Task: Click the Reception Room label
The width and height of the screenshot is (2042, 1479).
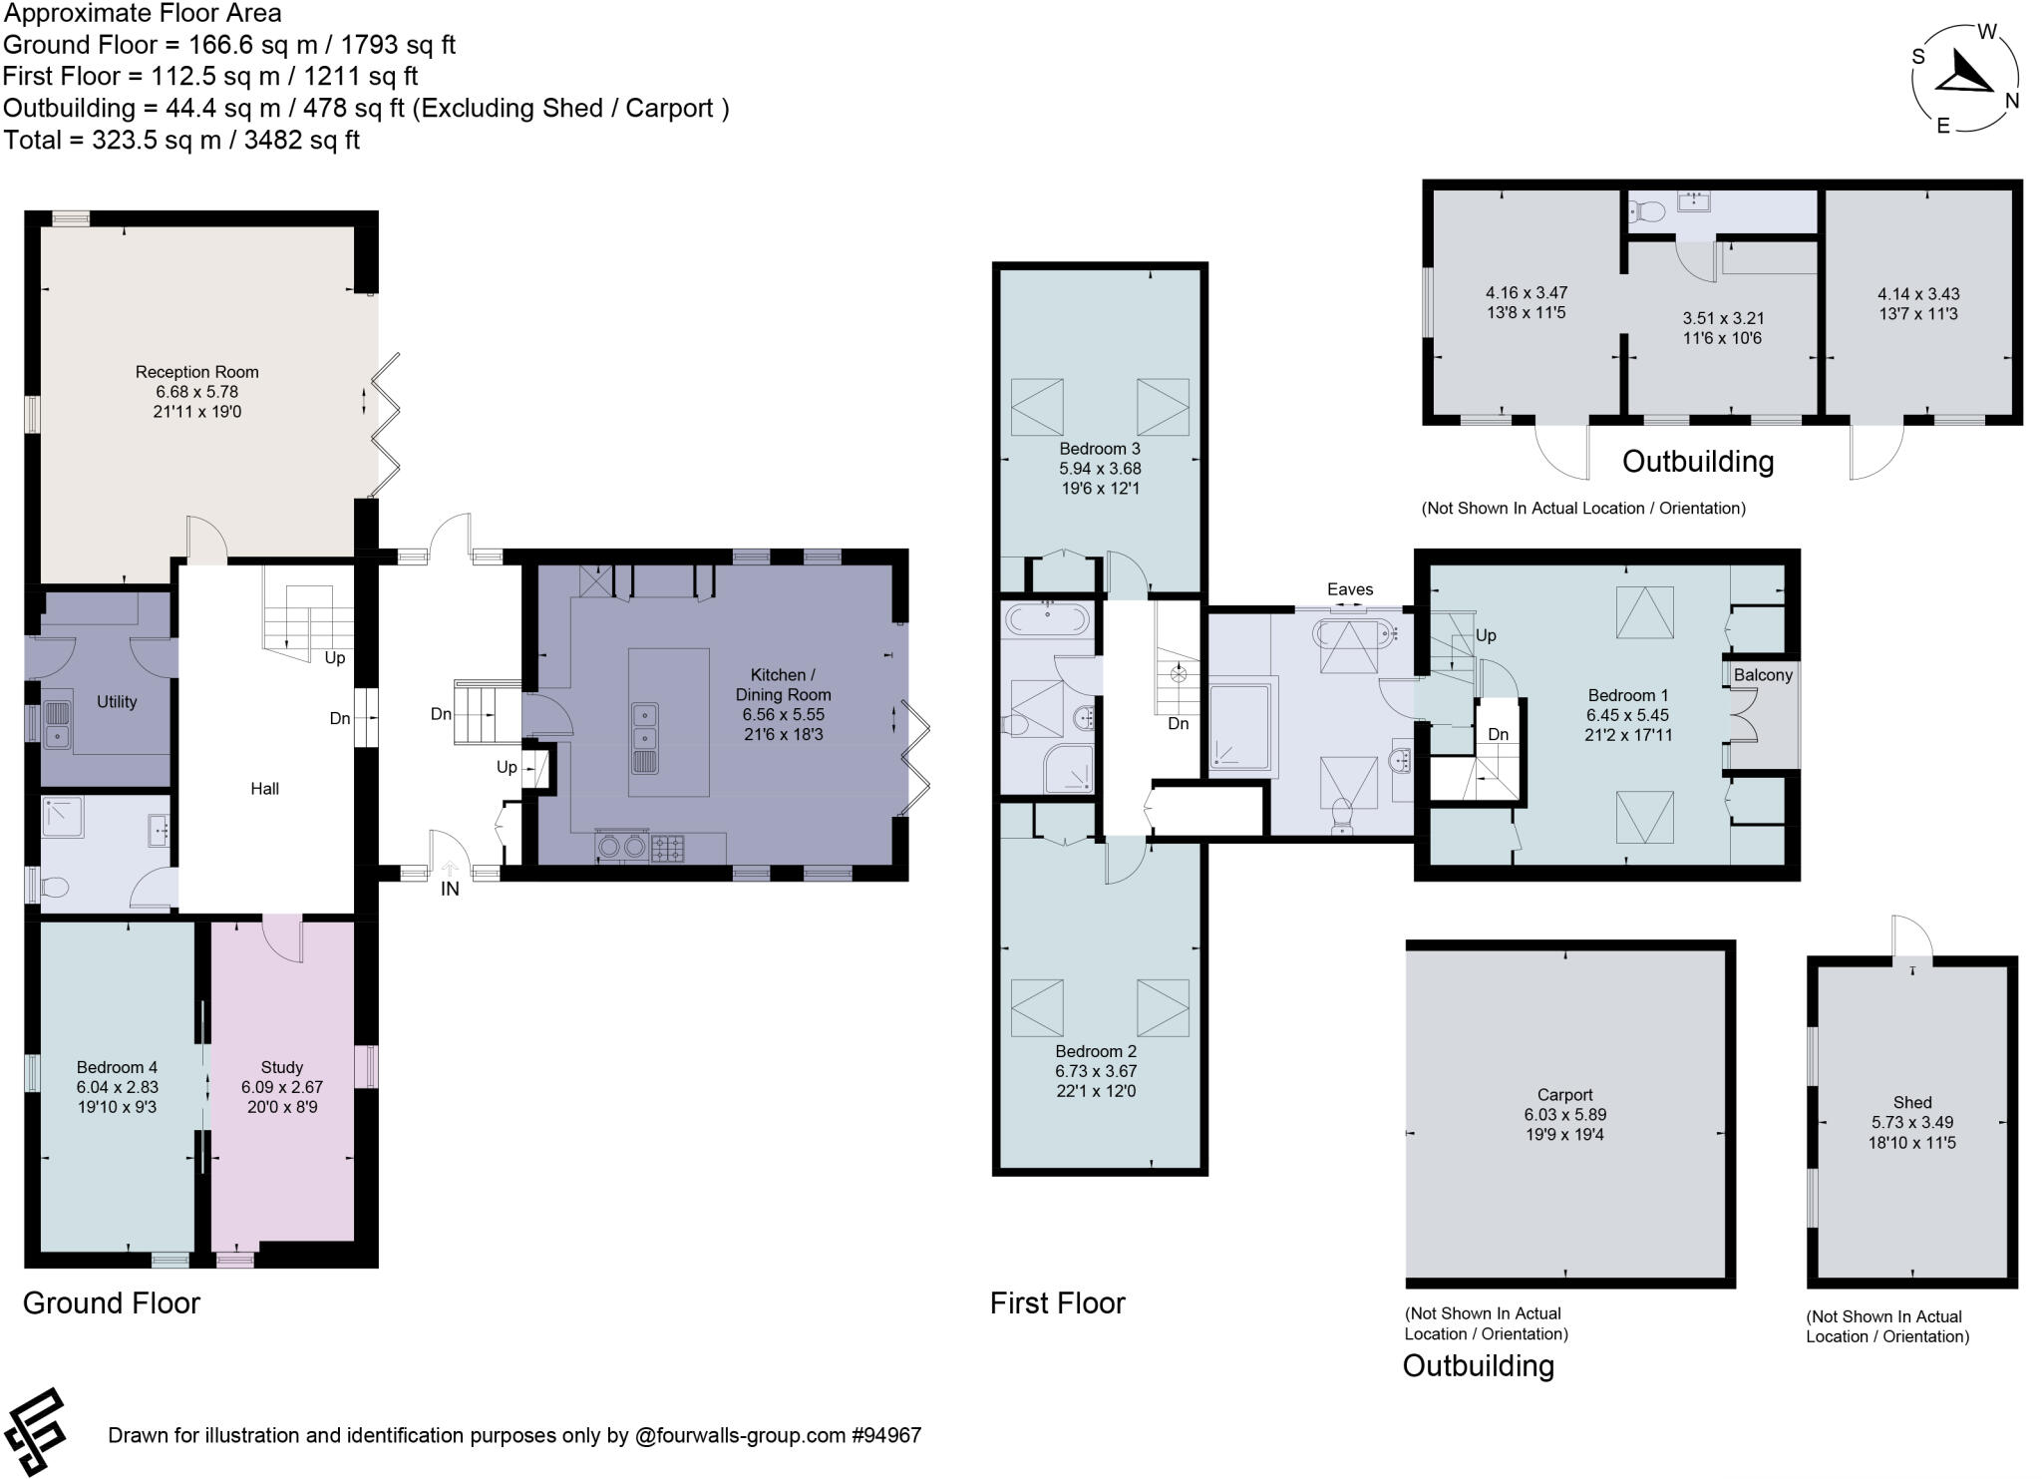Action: point(197,372)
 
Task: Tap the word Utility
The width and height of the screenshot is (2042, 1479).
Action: point(117,702)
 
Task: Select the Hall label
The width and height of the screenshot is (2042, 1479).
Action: point(265,789)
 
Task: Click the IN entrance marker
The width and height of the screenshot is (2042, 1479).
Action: point(451,889)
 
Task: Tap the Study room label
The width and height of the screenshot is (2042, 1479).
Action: point(282,1067)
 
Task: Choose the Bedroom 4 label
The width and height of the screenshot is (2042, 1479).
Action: point(118,1067)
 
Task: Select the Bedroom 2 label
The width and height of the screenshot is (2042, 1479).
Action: point(1096,1051)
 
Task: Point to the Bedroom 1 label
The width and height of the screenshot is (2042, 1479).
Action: point(1628,695)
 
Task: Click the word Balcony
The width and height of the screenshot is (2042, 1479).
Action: point(1763,675)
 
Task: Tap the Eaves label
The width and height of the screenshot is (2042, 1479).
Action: point(1350,589)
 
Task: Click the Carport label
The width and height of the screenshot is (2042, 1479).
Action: point(1565,1095)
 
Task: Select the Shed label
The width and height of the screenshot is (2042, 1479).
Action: point(1912,1102)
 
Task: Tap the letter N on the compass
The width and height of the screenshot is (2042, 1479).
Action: point(2012,101)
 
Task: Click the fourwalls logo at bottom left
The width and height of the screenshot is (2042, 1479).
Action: point(36,1432)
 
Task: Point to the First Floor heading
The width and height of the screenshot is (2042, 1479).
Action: point(1058,1302)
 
